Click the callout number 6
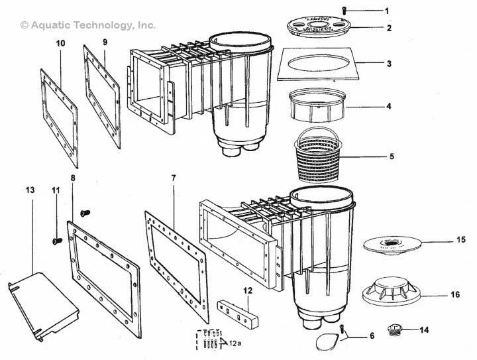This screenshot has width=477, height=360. [372, 336]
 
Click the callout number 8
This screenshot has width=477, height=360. [72, 178]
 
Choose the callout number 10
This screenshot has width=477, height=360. [60, 43]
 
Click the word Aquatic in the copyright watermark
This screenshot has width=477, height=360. [53, 25]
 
